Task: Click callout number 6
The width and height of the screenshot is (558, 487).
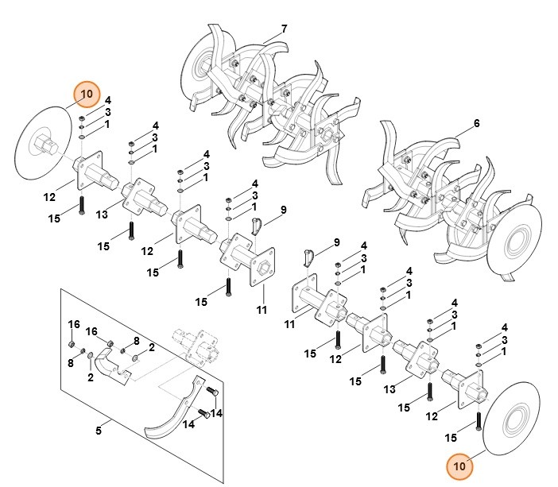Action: click(476, 123)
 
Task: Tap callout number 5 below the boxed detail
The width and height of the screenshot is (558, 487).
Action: click(99, 431)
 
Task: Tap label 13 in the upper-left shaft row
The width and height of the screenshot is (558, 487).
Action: click(102, 215)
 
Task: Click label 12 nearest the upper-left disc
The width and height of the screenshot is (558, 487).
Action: click(49, 195)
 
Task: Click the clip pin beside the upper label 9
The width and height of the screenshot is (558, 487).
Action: click(258, 225)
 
